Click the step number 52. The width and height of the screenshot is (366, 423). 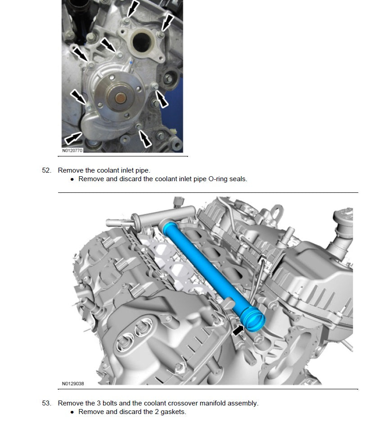point(46,170)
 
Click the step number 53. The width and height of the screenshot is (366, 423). point(46,403)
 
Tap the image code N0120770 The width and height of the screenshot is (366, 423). point(72,151)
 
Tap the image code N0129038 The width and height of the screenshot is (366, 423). point(73,384)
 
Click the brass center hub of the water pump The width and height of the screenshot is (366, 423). point(121,98)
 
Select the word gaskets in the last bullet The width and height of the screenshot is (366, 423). point(173,412)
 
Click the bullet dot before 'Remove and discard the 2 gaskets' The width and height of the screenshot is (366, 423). point(72,412)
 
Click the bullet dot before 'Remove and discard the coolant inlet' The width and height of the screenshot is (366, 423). point(72,179)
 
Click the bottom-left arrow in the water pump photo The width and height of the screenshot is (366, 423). point(73,138)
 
